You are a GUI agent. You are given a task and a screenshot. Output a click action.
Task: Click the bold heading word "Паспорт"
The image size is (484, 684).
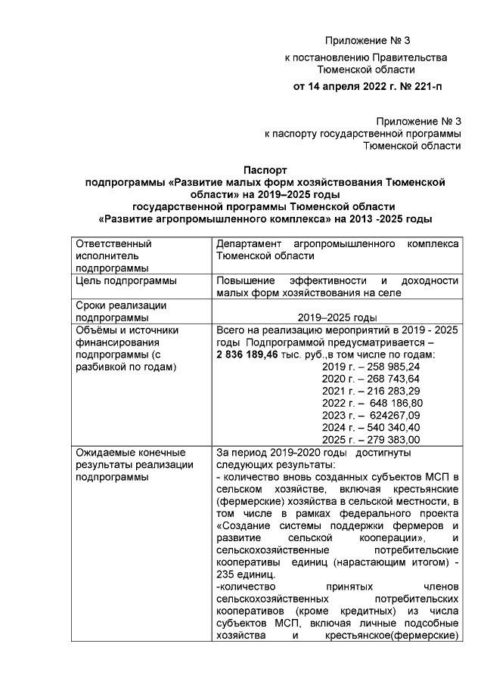pyautogui.click(x=265, y=171)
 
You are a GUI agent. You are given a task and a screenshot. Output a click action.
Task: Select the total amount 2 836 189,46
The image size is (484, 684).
pyautogui.click(x=249, y=354)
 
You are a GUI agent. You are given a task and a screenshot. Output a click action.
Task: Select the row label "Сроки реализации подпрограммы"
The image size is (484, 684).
pyautogui.click(x=121, y=311)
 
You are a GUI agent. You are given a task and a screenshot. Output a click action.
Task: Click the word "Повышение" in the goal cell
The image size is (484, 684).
pyautogui.click(x=245, y=280)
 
